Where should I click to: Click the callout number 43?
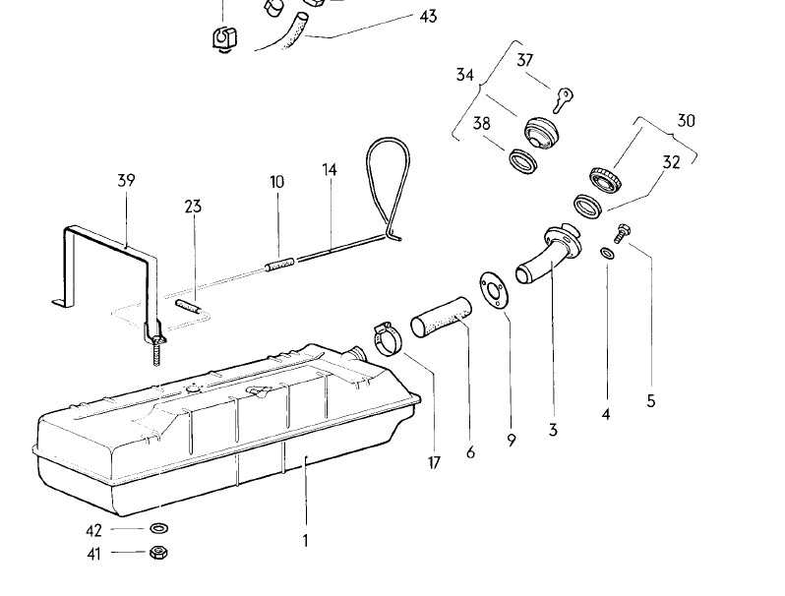tap(428, 17)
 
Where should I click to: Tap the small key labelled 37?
tap(564, 96)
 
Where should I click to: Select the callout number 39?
tap(126, 181)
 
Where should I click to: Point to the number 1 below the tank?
tap(305, 540)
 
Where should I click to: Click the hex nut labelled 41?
tap(157, 553)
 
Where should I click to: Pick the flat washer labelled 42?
tap(157, 529)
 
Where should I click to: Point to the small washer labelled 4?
tap(607, 256)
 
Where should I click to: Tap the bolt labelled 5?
tap(621, 233)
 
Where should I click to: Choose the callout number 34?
tap(465, 75)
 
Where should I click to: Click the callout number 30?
tap(686, 121)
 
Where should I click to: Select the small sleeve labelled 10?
tap(278, 265)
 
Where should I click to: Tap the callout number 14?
tap(329, 170)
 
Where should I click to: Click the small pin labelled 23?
tap(190, 306)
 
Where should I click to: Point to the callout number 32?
tap(671, 163)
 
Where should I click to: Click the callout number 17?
tap(434, 462)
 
